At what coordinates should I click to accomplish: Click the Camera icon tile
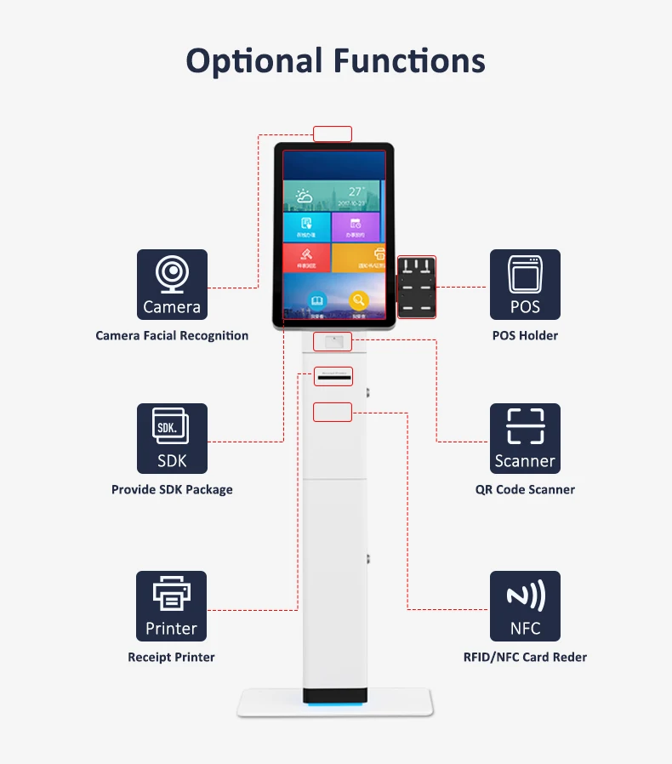click(172, 284)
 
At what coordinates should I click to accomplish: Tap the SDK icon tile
click(172, 438)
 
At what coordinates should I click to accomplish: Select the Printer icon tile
click(171, 606)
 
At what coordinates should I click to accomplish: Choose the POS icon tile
click(525, 284)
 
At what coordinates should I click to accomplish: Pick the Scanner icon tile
click(525, 438)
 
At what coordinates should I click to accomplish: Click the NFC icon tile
click(525, 606)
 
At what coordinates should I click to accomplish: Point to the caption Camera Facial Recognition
click(172, 336)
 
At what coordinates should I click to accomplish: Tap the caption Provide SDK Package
click(172, 490)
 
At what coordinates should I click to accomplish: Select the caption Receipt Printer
click(171, 658)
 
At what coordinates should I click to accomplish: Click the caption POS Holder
click(525, 336)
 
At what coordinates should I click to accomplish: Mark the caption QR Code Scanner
click(525, 490)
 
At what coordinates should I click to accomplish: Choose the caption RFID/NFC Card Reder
click(525, 658)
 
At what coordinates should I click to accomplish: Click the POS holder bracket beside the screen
click(417, 287)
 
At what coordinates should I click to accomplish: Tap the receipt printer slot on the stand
click(333, 375)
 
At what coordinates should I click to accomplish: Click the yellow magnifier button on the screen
click(359, 300)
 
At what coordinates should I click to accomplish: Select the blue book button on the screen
click(317, 301)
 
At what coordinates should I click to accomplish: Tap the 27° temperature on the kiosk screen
click(356, 192)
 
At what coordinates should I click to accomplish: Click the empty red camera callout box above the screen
click(333, 134)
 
